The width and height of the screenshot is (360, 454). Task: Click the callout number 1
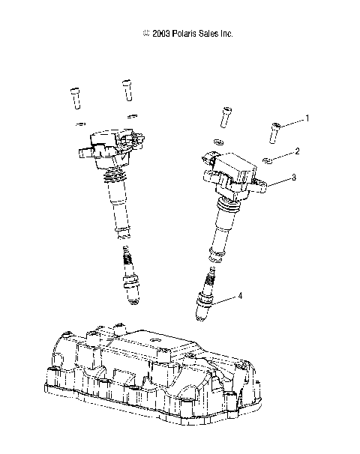[x=307, y=118]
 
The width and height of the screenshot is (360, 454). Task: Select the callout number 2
[x=297, y=151]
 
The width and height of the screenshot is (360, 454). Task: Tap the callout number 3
[x=294, y=178]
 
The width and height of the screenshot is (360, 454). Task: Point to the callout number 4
[x=240, y=296]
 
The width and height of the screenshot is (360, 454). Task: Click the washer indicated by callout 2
[x=268, y=158]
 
